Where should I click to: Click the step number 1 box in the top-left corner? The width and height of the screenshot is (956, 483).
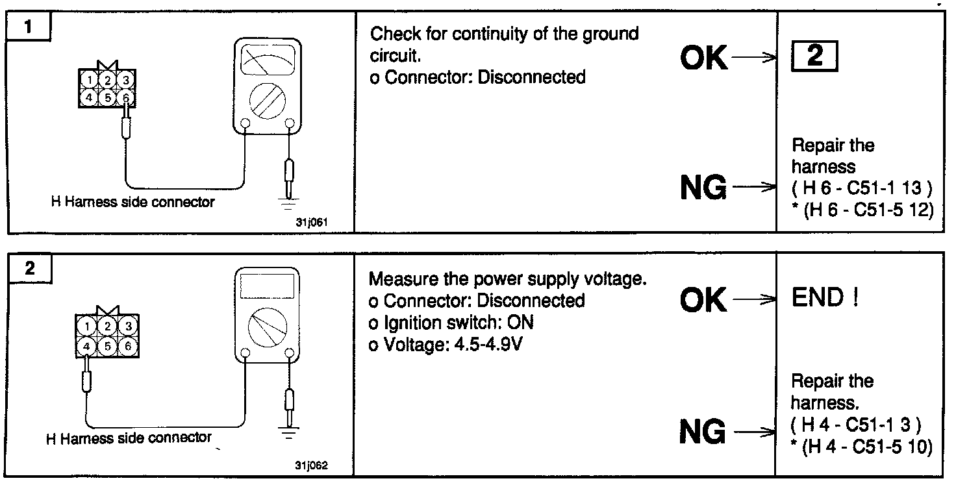point(30,28)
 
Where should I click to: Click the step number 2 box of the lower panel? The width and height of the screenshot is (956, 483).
point(30,268)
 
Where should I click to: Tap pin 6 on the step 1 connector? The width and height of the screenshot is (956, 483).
point(127,97)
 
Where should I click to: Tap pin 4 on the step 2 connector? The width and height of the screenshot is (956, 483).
point(86,346)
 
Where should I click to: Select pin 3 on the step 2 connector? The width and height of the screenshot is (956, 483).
point(129,326)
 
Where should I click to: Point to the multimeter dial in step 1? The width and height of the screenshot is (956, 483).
point(268,100)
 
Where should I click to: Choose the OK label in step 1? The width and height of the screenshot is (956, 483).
point(704,58)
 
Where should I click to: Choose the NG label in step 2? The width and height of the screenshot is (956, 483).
point(703,431)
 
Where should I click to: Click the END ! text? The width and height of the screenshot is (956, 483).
point(825,298)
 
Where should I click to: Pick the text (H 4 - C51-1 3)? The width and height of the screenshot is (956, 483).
point(855,425)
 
